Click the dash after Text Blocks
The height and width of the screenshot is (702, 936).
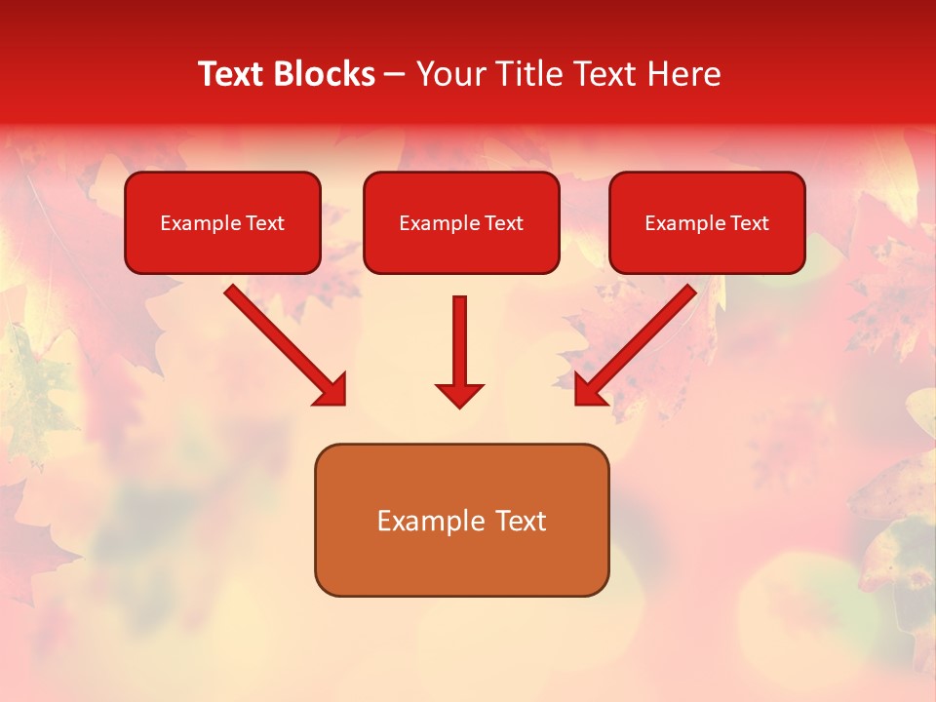395,75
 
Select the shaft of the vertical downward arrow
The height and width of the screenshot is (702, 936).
459,336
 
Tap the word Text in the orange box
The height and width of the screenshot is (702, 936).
519,521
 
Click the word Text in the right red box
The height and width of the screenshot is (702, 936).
749,223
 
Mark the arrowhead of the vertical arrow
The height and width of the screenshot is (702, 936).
459,395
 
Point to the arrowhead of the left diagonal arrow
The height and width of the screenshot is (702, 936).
331,390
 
